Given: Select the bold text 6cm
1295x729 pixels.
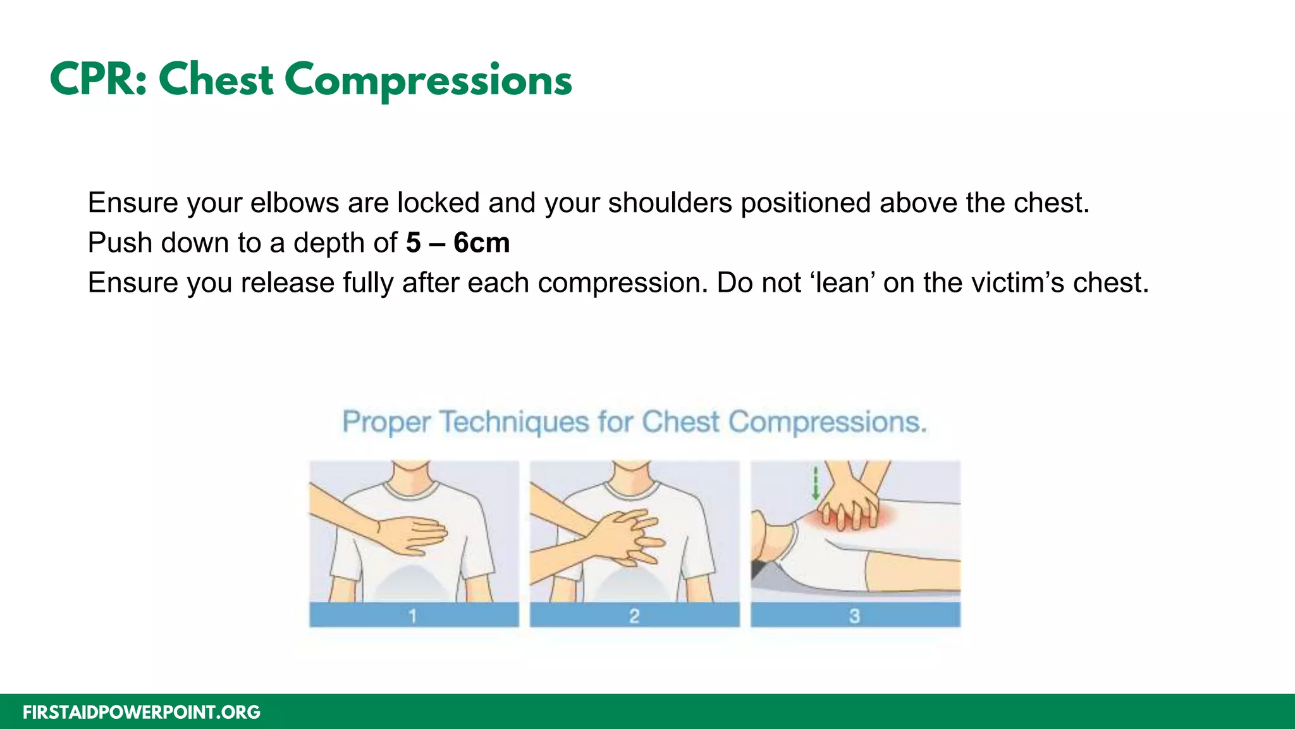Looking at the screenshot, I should (x=481, y=243).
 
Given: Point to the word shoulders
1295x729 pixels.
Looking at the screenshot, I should (x=670, y=203).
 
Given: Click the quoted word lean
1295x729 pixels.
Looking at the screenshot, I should (x=840, y=283).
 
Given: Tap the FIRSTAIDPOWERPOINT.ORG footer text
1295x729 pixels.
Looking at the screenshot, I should (x=142, y=713).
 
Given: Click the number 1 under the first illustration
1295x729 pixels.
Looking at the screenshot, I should (x=413, y=615).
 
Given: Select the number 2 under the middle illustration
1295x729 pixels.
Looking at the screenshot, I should (x=634, y=615).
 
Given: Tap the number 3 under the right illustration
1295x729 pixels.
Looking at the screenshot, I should (x=854, y=615).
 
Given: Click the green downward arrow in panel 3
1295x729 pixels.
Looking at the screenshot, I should (x=816, y=483).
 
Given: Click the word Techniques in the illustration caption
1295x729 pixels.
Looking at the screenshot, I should (x=513, y=422).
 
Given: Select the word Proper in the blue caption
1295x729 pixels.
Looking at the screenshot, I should (x=386, y=423).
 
